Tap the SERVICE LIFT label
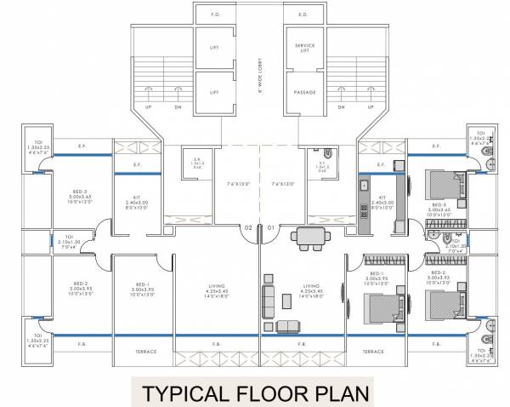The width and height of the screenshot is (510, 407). (304, 47)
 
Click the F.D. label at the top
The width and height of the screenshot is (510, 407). (207, 14)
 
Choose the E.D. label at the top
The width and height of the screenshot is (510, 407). (303, 14)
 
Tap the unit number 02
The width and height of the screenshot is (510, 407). (247, 228)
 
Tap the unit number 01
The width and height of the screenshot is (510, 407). (270, 228)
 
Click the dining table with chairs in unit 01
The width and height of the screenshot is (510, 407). (305, 239)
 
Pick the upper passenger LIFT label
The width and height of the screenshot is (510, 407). (214, 49)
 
